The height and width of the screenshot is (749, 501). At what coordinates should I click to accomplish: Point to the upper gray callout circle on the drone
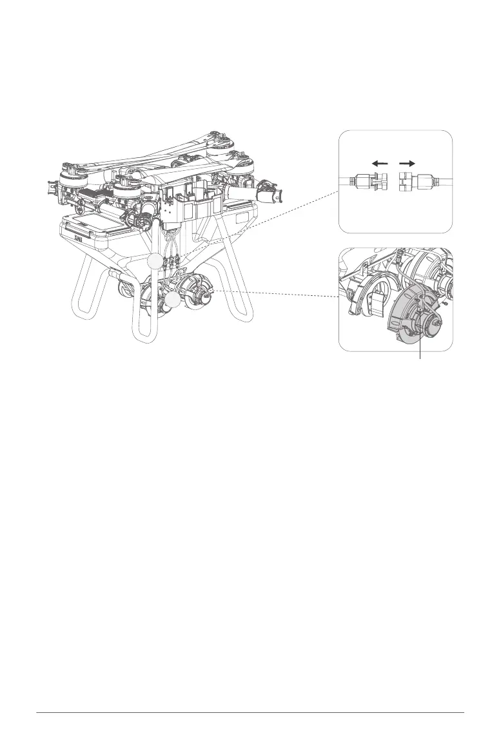(x=154, y=261)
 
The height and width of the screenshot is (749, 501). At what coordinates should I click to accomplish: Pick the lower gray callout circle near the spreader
(x=173, y=300)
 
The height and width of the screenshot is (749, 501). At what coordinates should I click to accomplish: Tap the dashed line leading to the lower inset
(x=277, y=294)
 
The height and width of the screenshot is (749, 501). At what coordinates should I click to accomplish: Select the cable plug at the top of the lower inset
(x=400, y=257)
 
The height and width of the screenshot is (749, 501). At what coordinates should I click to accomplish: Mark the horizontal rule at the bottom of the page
(x=250, y=713)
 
